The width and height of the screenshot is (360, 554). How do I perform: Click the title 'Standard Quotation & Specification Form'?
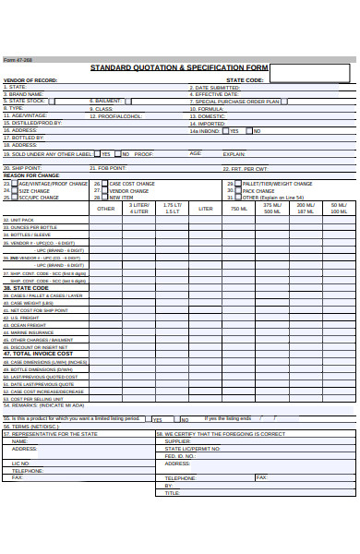point(179,68)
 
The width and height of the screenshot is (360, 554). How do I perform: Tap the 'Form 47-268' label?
point(18,59)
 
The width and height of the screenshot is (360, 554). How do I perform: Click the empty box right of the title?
point(309,72)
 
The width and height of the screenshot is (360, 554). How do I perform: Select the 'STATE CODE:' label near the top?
point(245,80)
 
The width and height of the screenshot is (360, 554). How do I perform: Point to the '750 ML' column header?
point(239,209)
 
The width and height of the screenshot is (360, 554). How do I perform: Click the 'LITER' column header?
point(206,209)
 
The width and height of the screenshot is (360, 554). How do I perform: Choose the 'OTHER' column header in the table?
point(106,209)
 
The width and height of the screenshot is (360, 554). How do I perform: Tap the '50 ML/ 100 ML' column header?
point(340,209)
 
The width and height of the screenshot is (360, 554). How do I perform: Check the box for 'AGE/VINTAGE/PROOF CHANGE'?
point(13,184)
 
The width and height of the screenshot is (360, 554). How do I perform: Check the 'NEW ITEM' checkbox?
point(104,197)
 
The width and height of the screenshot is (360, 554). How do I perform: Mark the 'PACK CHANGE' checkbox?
point(237,190)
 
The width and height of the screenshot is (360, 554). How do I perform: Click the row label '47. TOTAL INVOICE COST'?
point(38,353)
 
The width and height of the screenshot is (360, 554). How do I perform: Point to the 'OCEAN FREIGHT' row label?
point(28,325)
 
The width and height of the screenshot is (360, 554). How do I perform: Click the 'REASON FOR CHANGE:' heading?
point(31,175)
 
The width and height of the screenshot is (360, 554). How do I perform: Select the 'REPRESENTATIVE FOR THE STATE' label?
point(54,433)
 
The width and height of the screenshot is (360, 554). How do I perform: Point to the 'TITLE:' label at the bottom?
point(172,493)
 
